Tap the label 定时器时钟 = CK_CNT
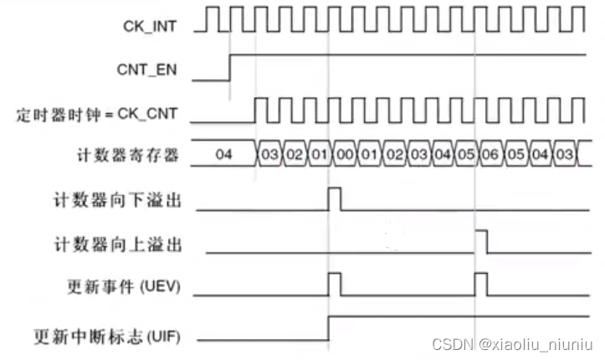(99, 112)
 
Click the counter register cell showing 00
(343, 156)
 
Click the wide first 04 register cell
(223, 156)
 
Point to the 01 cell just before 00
(319, 156)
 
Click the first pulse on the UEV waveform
(335, 285)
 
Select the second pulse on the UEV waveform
(481, 285)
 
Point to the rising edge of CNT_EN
(230, 67)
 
